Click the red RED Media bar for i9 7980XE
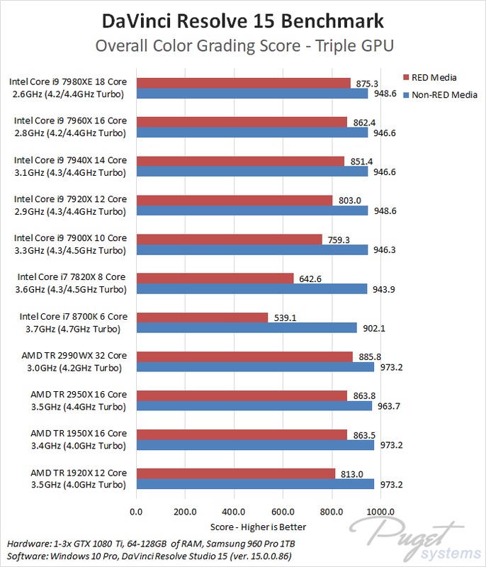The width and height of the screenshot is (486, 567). pyautogui.click(x=242, y=83)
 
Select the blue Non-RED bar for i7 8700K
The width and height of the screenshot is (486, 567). pyautogui.click(x=246, y=327)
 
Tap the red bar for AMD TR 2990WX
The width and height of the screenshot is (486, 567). pyautogui.click(x=244, y=356)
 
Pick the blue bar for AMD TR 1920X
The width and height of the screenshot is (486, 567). pyautogui.click(x=254, y=483)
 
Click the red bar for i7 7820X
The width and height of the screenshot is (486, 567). pyautogui.click(x=214, y=278)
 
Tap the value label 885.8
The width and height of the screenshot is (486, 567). pyautogui.click(x=370, y=356)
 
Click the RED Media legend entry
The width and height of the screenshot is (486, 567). pyautogui.click(x=430, y=77)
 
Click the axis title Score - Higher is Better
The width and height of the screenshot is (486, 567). pyautogui.click(x=259, y=527)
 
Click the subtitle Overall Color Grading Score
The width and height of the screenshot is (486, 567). pyautogui.click(x=243, y=45)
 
